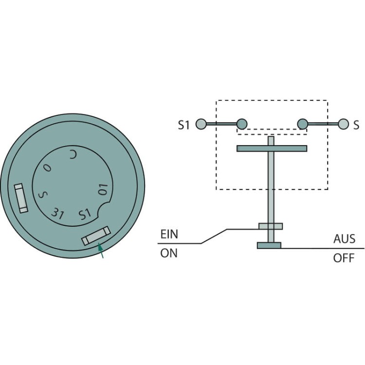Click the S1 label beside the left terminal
(x=184, y=125)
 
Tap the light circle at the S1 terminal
(x=201, y=124)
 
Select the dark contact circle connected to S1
(x=242, y=124)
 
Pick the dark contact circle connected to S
(x=302, y=124)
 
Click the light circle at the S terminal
(x=344, y=124)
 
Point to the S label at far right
(x=356, y=125)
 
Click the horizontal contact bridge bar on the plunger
(x=272, y=148)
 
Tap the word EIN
(x=169, y=234)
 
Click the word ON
(x=169, y=253)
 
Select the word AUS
(x=344, y=239)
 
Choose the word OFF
(x=344, y=258)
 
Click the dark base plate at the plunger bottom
(x=269, y=245)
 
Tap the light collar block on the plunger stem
(x=271, y=226)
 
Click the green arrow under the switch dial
(x=101, y=250)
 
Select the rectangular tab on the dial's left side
(x=21, y=198)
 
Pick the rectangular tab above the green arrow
(x=96, y=236)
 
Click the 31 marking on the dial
(x=57, y=213)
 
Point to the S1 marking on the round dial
(x=85, y=214)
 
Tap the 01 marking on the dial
(x=103, y=189)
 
